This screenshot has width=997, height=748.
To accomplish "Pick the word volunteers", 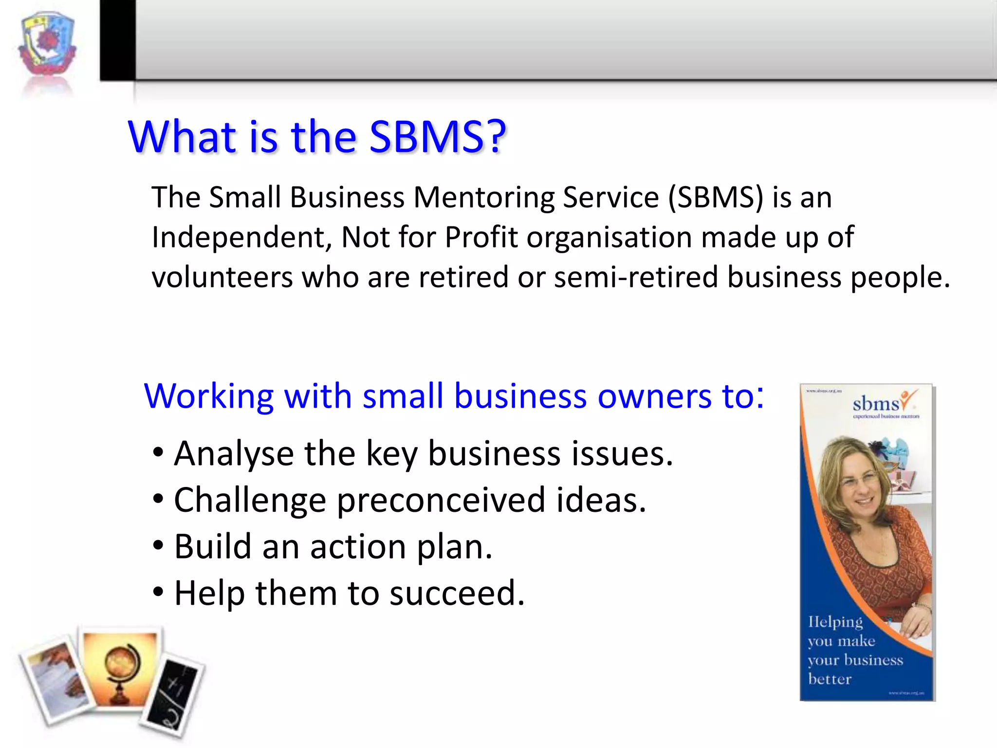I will pos(222,277).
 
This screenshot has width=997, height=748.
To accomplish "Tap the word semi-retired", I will pos(636,277).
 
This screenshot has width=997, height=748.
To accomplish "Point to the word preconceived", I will pos(441,501).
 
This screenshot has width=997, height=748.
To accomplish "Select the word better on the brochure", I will pos(830,679).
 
